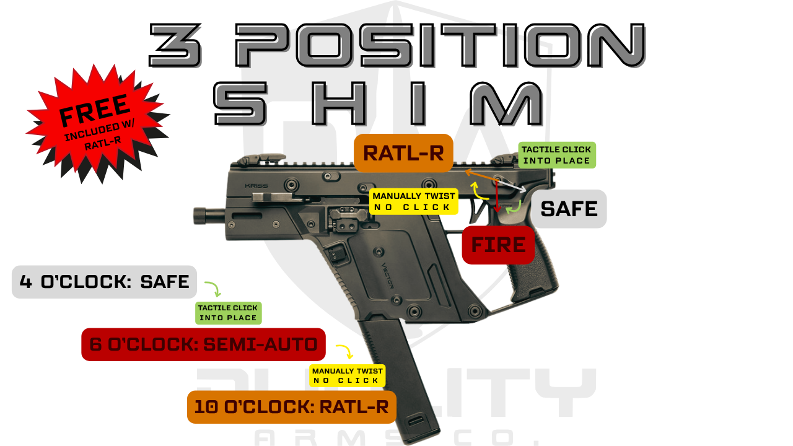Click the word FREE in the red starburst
coord(94,110)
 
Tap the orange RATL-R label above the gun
coord(403,153)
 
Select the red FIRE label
coord(498,245)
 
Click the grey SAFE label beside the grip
coord(569,209)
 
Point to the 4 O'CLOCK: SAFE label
coord(104,282)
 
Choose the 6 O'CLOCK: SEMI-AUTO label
coord(203,344)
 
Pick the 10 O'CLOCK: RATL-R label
coord(291,407)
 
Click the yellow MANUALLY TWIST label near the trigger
coord(414,201)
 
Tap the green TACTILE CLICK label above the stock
coord(556,155)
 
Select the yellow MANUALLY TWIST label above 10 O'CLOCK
coord(346,376)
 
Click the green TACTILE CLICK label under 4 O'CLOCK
coord(227,313)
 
